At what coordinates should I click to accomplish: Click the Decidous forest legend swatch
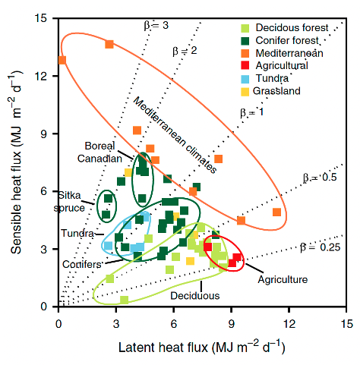click(245, 28)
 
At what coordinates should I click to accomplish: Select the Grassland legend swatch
click(245, 91)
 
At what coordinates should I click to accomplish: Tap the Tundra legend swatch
click(245, 79)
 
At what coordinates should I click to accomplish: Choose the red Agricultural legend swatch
click(245, 65)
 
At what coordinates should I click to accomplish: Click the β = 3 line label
click(156, 25)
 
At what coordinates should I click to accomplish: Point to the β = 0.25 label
click(320, 247)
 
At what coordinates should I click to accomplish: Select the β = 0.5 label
click(320, 178)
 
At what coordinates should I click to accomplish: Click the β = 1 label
click(251, 112)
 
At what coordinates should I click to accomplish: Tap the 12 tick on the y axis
click(40, 76)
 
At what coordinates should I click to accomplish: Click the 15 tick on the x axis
click(346, 324)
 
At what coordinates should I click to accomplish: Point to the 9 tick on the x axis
click(231, 324)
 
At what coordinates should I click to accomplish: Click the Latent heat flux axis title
click(202, 347)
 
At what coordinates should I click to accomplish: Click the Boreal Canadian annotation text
click(99, 153)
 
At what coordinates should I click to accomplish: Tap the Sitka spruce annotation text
click(69, 202)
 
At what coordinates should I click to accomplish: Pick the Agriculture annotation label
click(283, 279)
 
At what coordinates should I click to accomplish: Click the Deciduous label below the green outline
click(195, 296)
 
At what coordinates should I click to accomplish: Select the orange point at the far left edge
click(62, 60)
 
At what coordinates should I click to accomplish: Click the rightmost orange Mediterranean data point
click(277, 212)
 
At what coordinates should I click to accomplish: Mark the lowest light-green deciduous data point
click(124, 300)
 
